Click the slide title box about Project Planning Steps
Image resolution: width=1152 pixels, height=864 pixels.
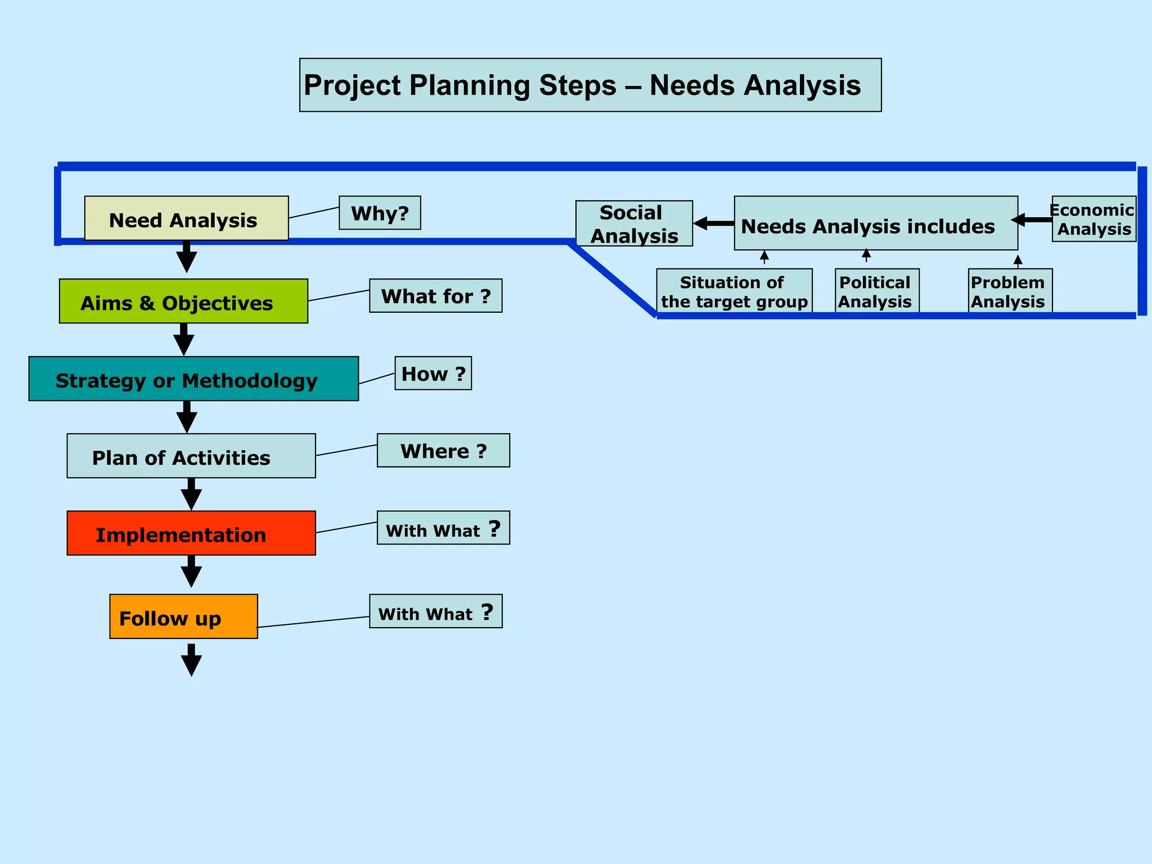pyautogui.click(x=590, y=85)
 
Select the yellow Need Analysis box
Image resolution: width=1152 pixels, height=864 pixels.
pyautogui.click(x=186, y=218)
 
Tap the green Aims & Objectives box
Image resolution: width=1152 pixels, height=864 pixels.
pyautogui.click(x=183, y=301)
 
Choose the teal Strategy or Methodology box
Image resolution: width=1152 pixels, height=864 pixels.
pyautogui.click(x=193, y=379)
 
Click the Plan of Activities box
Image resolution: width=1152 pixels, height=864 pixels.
pyautogui.click(x=191, y=456)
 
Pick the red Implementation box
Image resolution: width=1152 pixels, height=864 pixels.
pyautogui.click(x=191, y=533)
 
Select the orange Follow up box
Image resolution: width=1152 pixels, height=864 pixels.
pyautogui.click(x=183, y=616)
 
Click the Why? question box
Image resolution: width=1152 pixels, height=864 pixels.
pyautogui.click(x=380, y=213)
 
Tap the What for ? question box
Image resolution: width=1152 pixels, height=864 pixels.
pyautogui.click(x=435, y=295)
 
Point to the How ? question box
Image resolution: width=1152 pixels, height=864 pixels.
pyautogui.click(x=433, y=373)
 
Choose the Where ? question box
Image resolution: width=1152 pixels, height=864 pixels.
pyautogui.click(x=443, y=450)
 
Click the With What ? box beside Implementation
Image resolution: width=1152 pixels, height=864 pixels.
pyautogui.click(x=443, y=528)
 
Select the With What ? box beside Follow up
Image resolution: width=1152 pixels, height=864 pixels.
pyautogui.click(x=435, y=611)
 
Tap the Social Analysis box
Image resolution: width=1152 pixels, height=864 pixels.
pyautogui.click(x=634, y=223)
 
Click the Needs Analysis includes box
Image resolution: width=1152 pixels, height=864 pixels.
pyautogui.click(x=875, y=223)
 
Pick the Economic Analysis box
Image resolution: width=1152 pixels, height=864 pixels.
pyautogui.click(x=1093, y=219)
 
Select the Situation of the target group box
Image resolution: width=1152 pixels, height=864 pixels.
pyautogui.click(x=734, y=291)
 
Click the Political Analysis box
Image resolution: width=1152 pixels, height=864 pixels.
pyautogui.click(x=877, y=291)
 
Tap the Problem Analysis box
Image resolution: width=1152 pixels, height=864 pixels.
pyautogui.click(x=1010, y=291)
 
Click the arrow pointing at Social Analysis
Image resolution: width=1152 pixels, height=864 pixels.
pyautogui.click(x=713, y=223)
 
